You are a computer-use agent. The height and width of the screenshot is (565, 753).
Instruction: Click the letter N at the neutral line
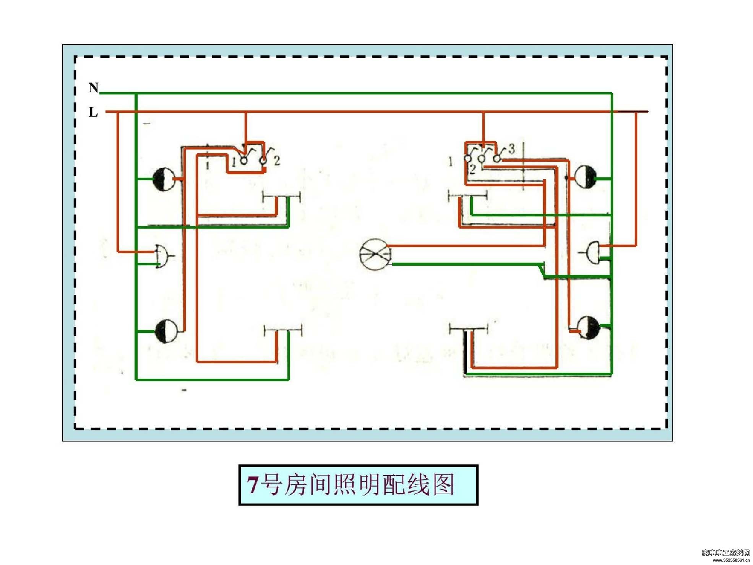click(93, 88)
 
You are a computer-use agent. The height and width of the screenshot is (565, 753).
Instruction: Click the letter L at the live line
click(93, 112)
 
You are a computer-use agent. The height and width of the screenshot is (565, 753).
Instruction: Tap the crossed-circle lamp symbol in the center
click(375, 254)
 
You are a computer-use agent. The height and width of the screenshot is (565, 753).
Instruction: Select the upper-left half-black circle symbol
click(164, 179)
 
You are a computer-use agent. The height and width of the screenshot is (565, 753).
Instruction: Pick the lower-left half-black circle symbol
click(166, 331)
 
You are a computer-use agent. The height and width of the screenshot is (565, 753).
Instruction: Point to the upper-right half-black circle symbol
click(585, 177)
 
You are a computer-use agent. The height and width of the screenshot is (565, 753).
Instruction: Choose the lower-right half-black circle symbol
click(588, 327)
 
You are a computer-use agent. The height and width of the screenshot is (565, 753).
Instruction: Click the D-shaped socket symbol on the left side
click(162, 255)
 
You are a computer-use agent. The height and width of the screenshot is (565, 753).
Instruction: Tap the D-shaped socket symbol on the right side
click(592, 253)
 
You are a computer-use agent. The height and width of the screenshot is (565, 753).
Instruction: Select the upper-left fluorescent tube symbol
click(282, 197)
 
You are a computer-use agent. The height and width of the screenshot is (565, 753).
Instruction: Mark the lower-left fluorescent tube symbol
click(283, 330)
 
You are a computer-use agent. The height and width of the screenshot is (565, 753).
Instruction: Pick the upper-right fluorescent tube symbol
click(467, 196)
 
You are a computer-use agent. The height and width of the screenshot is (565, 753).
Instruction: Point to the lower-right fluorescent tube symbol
click(468, 328)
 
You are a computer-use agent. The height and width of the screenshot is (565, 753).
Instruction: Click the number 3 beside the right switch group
click(512, 148)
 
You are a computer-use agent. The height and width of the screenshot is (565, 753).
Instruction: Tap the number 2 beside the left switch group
click(277, 161)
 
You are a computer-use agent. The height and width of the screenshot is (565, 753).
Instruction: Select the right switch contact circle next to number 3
click(497, 158)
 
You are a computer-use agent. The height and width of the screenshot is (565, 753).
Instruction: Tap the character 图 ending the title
click(443, 484)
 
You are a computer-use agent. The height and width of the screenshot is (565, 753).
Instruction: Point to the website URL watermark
click(731, 560)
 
